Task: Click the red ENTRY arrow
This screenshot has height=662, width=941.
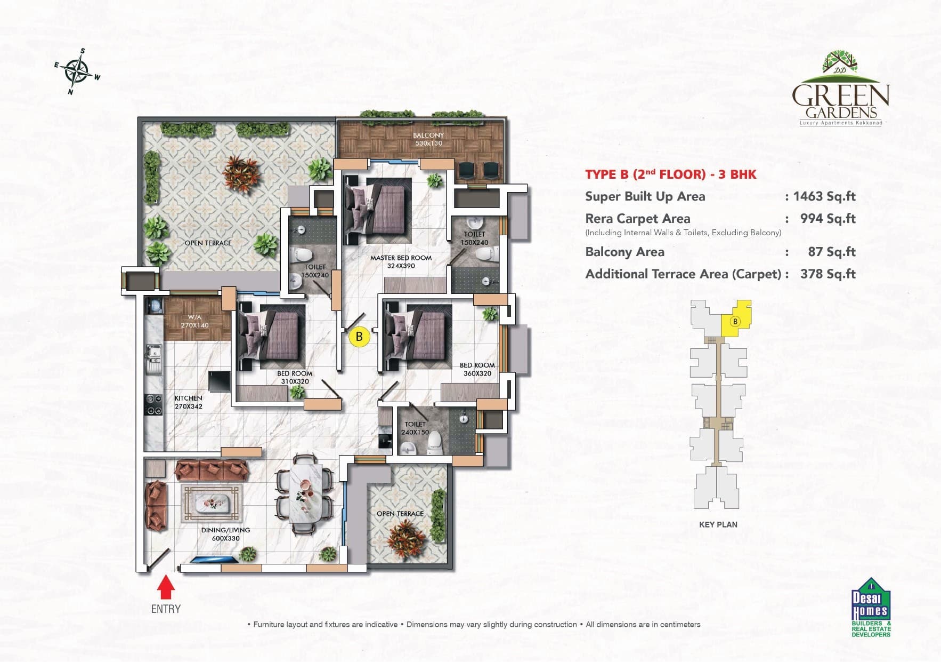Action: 166,589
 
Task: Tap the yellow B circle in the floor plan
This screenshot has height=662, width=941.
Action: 359,337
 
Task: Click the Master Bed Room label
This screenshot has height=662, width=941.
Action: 401,261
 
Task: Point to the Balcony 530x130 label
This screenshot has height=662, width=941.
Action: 428,139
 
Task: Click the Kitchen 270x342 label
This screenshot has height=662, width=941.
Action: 188,402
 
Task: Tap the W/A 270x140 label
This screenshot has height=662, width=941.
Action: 194,321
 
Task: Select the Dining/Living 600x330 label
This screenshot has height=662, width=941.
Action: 225,534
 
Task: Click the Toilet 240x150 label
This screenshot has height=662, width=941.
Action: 415,428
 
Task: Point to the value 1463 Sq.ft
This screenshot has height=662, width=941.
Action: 824,196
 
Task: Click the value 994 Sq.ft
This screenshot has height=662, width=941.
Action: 828,219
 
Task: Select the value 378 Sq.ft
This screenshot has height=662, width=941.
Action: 828,274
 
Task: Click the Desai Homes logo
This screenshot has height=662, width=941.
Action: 870,607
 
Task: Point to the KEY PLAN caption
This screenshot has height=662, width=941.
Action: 718,524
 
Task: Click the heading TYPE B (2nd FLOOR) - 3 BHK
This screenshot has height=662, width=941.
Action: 670,174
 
